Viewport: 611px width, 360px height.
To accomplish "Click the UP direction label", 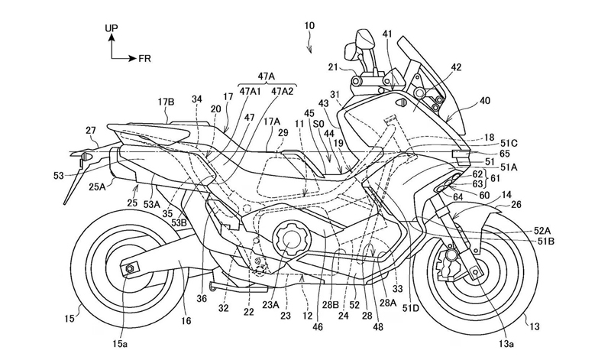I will tap(111, 27).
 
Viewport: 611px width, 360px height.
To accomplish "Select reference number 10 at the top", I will tap(309, 26).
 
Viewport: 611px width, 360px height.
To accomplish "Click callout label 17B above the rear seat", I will tap(166, 100).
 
